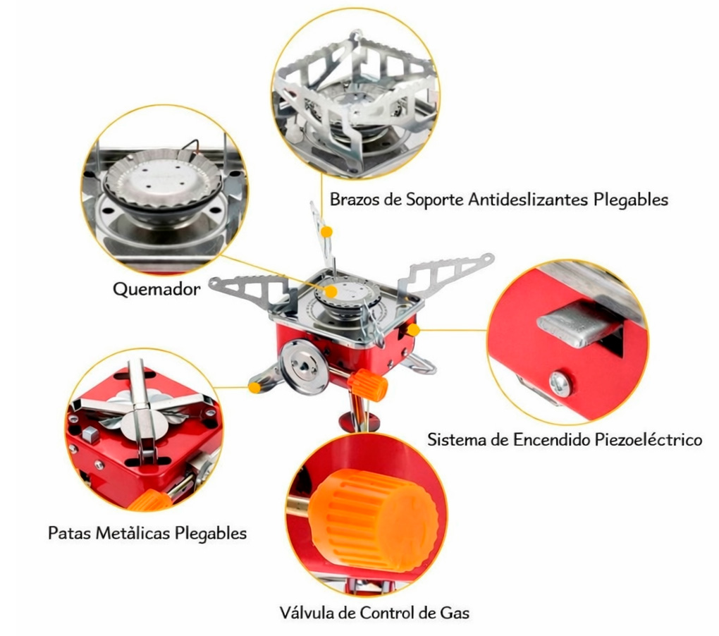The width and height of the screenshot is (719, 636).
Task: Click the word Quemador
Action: [x=156, y=289]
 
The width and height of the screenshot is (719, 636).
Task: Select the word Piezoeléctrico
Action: [x=649, y=440]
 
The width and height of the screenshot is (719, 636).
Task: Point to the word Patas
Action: [x=70, y=533]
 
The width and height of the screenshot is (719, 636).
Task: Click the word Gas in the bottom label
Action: [x=455, y=613]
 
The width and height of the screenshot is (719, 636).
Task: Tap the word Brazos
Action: [x=355, y=200]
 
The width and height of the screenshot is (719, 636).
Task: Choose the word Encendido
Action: [x=552, y=440]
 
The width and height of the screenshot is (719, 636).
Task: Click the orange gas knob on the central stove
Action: [x=368, y=384]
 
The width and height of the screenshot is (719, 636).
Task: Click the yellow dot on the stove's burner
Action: [x=331, y=291]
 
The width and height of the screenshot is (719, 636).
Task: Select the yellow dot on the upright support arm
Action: [x=326, y=232]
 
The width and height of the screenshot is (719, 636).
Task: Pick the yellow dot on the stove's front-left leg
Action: [x=254, y=388]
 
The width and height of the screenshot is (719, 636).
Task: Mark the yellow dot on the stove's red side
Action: [x=413, y=330]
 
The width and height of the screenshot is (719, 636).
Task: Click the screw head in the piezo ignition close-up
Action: [x=560, y=384]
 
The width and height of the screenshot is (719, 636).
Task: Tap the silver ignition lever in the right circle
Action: [x=579, y=322]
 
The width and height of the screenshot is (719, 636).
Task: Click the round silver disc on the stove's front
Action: [x=304, y=367]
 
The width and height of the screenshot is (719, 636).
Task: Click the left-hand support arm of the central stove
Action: [x=251, y=292]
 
